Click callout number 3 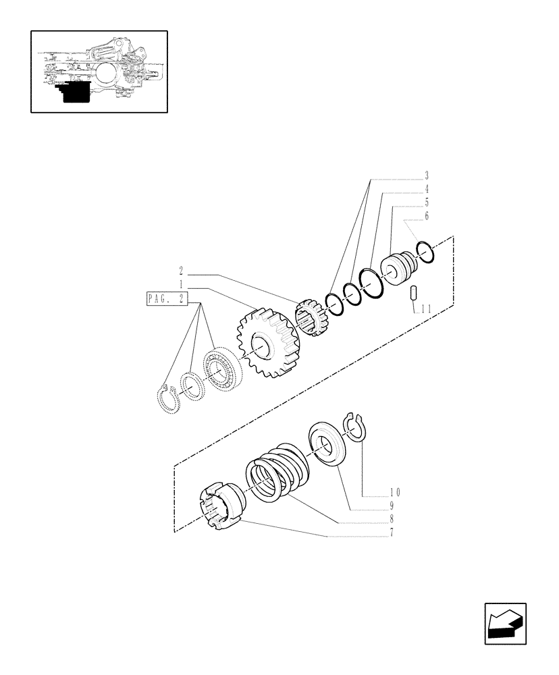427,176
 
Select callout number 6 427,216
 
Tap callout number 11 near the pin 425,309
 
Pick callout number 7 391,532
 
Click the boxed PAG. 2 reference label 167,298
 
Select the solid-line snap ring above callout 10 354,427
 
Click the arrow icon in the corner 505,624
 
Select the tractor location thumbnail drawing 99,71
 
